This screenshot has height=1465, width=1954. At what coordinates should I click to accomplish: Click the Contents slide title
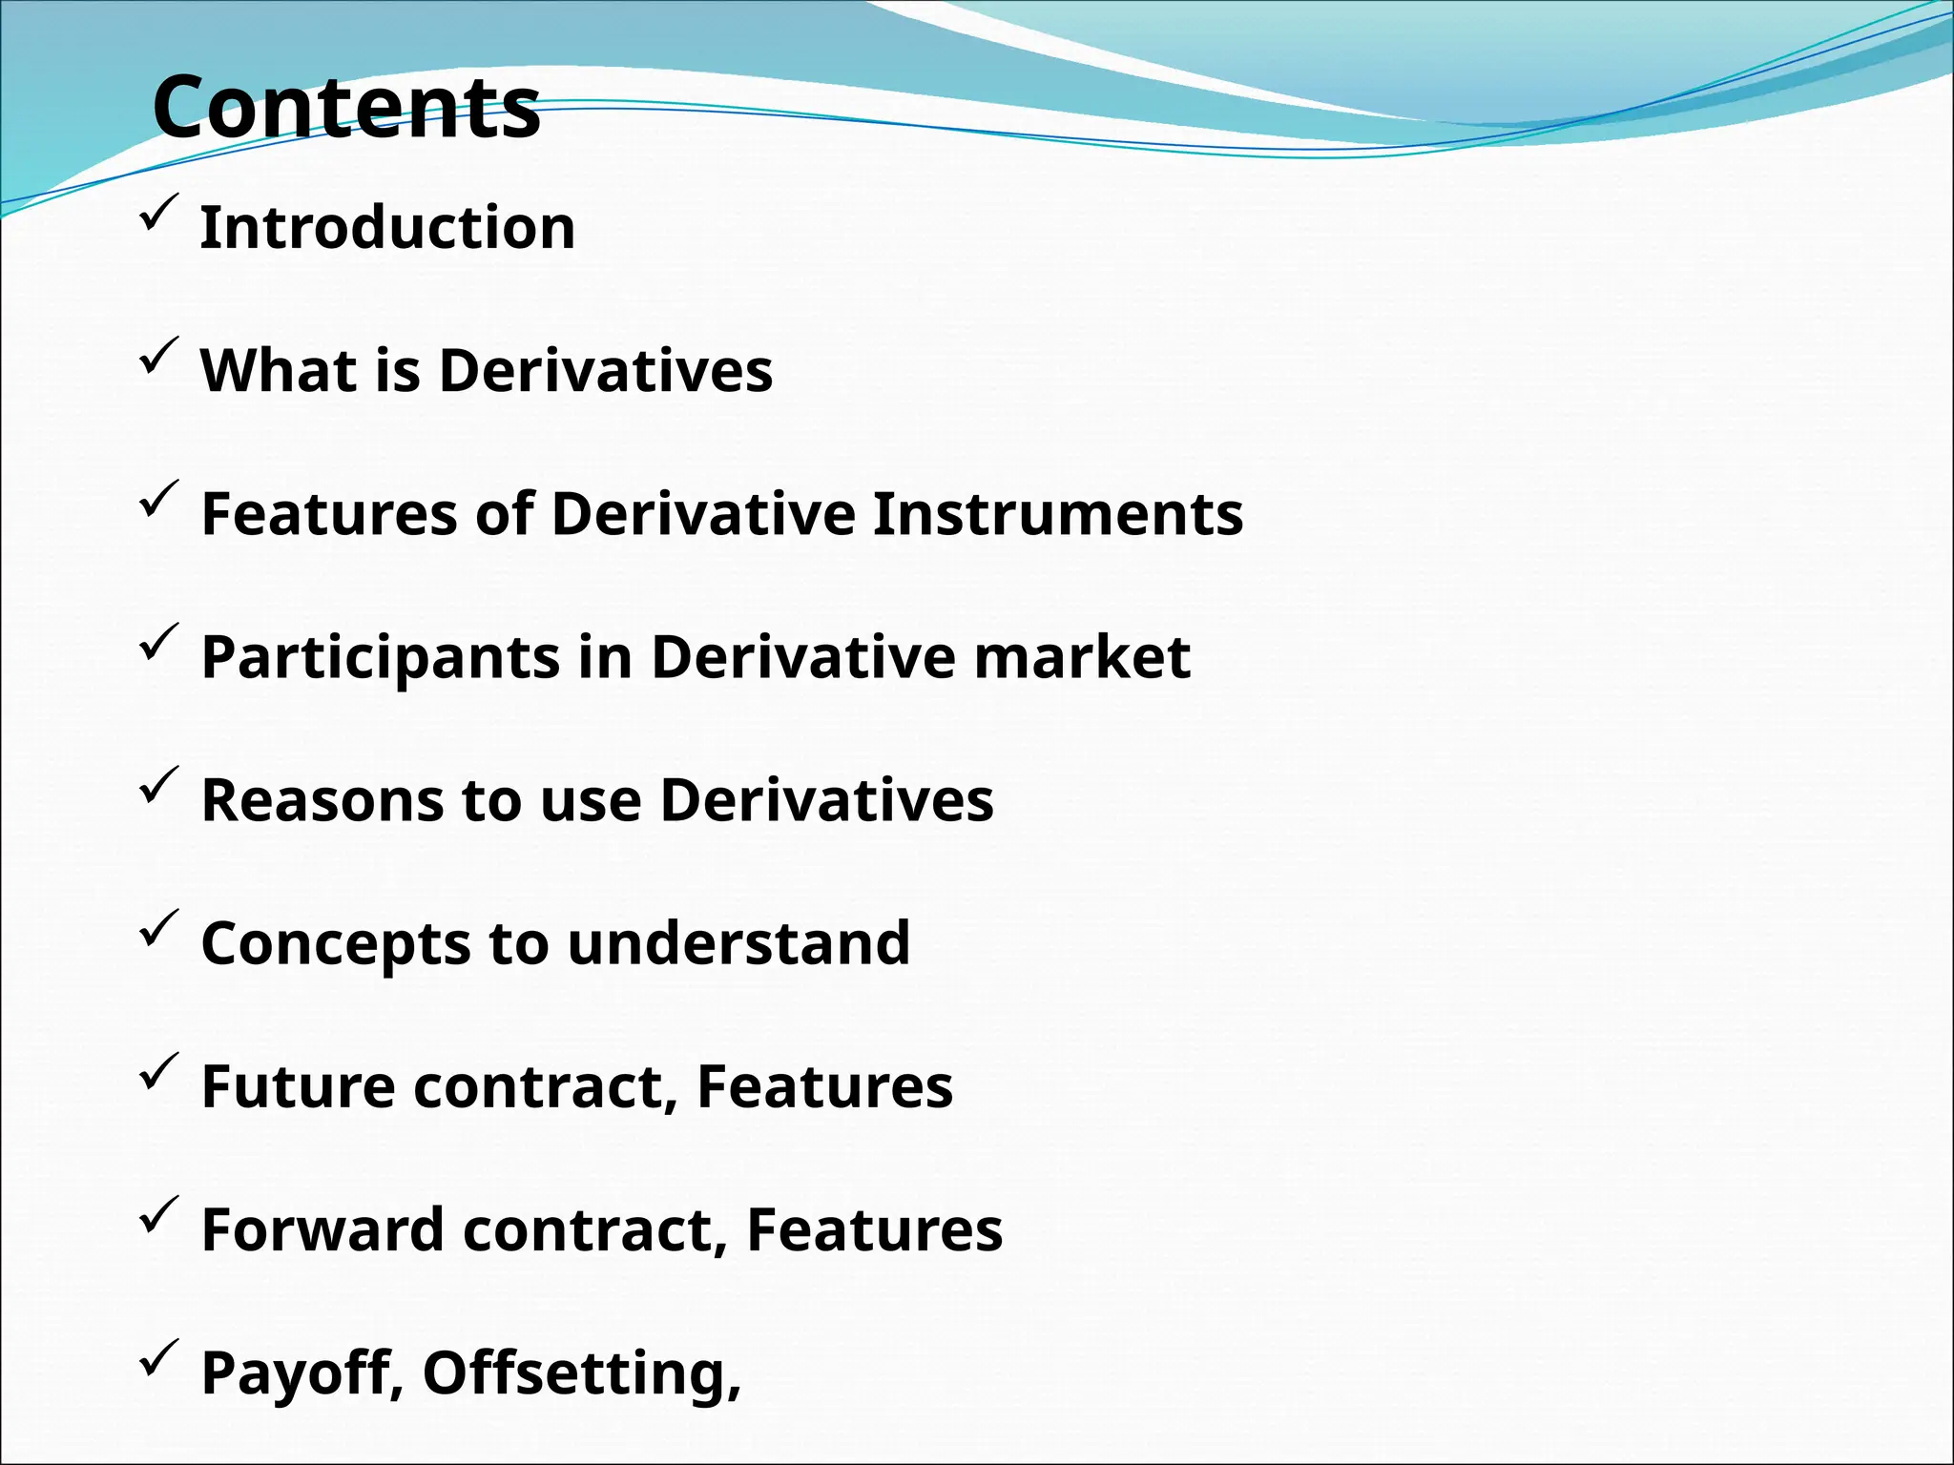coord(346,107)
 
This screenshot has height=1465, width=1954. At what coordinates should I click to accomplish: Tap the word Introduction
coord(387,228)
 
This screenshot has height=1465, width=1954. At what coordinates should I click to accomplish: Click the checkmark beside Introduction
coord(157,212)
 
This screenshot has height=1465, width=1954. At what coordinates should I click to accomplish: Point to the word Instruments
coord(1057,514)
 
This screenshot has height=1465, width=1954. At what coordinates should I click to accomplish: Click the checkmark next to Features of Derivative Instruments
coord(157,498)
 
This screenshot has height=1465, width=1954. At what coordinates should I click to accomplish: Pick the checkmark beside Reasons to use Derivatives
coord(157,784)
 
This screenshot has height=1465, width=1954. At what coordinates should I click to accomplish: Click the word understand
coord(738,943)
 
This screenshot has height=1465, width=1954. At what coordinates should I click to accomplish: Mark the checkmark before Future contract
coord(157,1070)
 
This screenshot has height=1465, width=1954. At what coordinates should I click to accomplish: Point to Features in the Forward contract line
coord(874,1229)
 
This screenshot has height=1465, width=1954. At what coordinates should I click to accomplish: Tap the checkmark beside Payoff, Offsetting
coord(157,1356)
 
